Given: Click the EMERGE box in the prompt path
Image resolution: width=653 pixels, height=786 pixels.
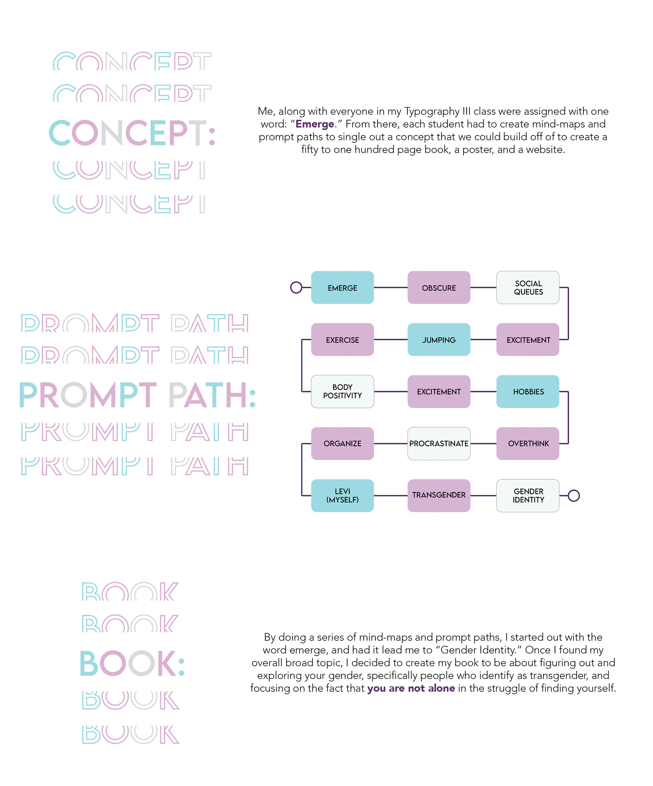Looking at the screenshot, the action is coord(342,288).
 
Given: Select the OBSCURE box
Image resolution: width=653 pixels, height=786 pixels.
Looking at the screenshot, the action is coord(439,288).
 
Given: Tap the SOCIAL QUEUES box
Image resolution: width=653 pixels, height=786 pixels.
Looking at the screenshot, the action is coord(528,288).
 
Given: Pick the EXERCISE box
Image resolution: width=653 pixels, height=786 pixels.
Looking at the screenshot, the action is coord(342,340).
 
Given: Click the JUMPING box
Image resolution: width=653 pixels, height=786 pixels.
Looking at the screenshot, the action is coord(439,340).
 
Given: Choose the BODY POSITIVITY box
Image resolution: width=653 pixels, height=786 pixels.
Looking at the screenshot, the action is coord(342,391).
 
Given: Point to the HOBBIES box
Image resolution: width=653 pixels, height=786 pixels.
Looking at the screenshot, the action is coord(528,391).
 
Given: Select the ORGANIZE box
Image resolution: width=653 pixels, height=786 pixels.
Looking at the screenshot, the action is coord(342,443).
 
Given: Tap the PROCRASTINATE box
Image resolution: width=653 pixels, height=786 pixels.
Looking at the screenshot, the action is coord(439,443).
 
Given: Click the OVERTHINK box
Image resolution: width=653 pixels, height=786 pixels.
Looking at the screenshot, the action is coord(528,443).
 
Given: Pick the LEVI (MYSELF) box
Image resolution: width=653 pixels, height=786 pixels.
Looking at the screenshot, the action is coord(342,495).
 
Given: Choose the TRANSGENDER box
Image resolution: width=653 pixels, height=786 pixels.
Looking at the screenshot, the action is coord(439,495).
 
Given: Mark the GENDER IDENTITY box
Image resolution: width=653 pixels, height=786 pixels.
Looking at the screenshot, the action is coord(528,495).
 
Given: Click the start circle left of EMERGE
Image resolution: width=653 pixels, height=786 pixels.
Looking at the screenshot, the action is coord(296,288).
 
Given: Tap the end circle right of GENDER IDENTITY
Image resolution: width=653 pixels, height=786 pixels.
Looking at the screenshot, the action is coord(573,495).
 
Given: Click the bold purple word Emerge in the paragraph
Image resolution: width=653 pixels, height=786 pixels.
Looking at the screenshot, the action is coord(314,124).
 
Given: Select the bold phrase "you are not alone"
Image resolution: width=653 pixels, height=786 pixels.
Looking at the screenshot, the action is coord(411,688).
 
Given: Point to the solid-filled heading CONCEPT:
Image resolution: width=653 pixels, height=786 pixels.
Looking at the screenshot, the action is coord(132,133).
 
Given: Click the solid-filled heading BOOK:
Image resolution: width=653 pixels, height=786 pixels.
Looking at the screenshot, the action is coord(132,664).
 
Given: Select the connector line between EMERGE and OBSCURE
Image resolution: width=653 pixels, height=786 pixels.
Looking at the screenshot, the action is coord(390,288).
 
